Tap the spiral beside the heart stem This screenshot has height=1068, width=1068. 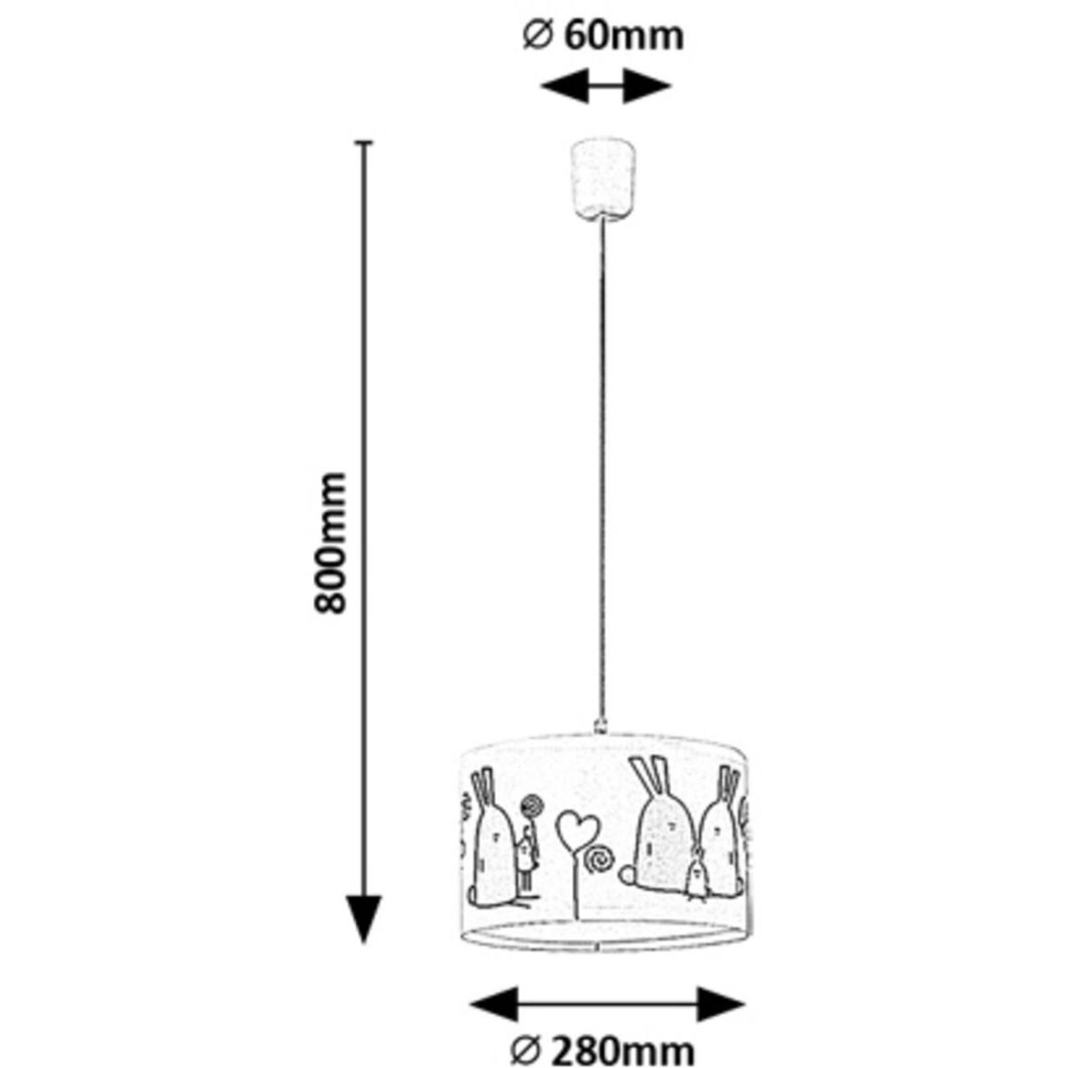tap(598, 860)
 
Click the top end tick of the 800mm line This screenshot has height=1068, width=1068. tap(362, 142)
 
